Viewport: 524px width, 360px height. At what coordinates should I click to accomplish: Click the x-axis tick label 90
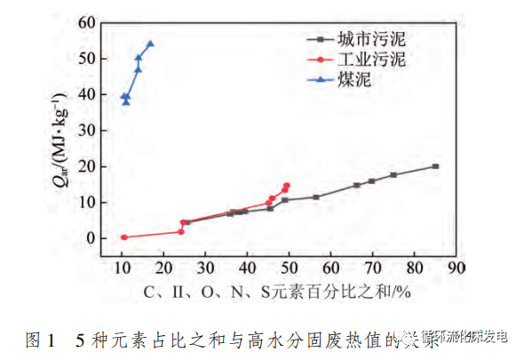tap(456, 268)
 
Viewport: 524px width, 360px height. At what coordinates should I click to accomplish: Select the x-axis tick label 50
tap(290, 268)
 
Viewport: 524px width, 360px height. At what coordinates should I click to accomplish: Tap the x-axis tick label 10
tap(123, 268)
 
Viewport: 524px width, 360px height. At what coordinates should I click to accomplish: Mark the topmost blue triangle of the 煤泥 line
tap(149, 43)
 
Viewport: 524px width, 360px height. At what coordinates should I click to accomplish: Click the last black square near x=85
tap(435, 166)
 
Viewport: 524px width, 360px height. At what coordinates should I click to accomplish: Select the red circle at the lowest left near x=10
tap(124, 237)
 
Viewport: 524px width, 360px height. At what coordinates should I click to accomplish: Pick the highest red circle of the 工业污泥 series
tap(287, 186)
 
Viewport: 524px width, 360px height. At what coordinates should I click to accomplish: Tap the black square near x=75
tap(393, 175)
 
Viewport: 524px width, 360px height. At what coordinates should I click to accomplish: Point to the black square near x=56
tap(315, 197)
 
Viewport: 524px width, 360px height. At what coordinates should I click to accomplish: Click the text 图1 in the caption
tap(42, 339)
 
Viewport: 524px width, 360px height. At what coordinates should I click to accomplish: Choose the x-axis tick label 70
tap(373, 268)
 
